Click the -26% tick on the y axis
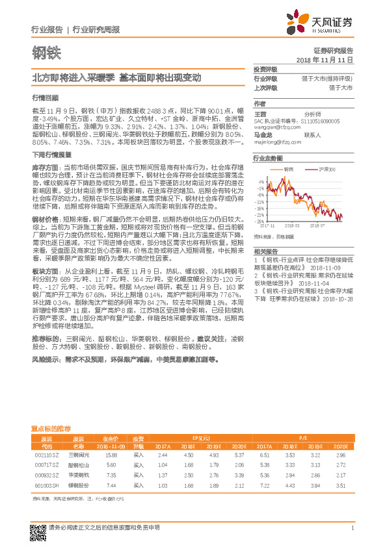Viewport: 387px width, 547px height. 260,221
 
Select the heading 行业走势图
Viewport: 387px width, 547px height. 267,159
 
